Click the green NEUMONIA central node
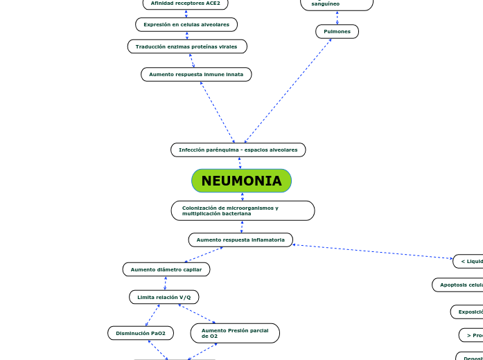(x=241, y=181)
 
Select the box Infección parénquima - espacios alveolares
(x=238, y=150)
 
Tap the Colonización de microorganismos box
(x=243, y=210)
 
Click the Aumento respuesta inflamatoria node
(x=240, y=240)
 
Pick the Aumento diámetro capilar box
(x=166, y=269)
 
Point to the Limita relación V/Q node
(x=164, y=297)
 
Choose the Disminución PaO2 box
(x=141, y=333)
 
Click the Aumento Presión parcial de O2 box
(x=235, y=333)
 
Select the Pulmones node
(x=337, y=31)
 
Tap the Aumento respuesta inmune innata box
(x=196, y=74)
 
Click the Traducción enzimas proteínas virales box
(x=186, y=46)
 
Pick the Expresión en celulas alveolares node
(x=186, y=24)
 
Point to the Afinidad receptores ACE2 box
(x=185, y=3)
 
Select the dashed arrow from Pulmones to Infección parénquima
(x=288, y=91)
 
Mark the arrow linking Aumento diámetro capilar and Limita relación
(x=165, y=283)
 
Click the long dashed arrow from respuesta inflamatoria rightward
(x=373, y=251)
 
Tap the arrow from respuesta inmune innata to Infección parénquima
(x=218, y=112)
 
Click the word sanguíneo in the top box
(x=325, y=4)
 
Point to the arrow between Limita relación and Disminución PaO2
(x=152, y=315)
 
